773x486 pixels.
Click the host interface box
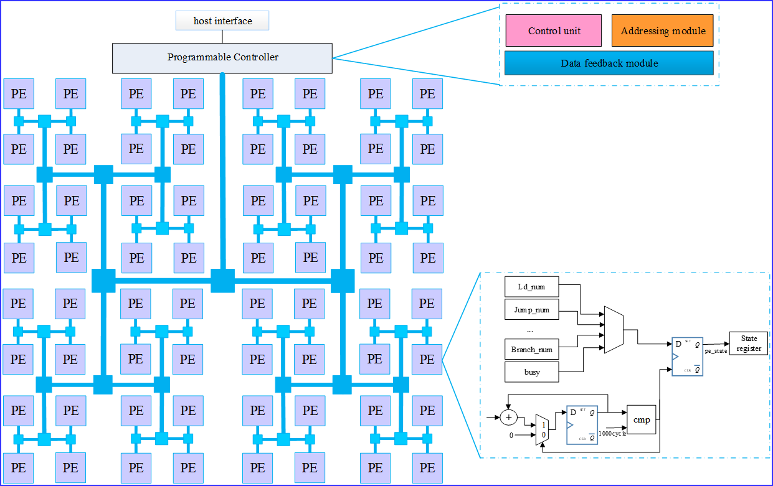222,21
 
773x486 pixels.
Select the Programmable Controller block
222,58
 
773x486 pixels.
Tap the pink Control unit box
554,31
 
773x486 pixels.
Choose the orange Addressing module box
663,31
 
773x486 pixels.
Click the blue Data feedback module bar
609,63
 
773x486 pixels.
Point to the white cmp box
642,420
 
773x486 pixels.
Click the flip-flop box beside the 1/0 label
582,425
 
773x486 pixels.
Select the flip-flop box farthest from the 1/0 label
688,357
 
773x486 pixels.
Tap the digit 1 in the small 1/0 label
543,424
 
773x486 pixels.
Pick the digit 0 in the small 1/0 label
543,435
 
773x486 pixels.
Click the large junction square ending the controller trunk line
222,281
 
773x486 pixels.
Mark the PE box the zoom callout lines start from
427,360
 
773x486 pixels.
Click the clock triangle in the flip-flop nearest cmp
570,425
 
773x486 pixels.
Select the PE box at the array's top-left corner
19,94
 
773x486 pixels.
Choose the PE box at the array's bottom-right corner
427,468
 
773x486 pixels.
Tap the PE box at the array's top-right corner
427,94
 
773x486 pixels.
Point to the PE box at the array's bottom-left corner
19,468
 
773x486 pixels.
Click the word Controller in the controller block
256,57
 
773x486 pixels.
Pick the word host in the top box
202,21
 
